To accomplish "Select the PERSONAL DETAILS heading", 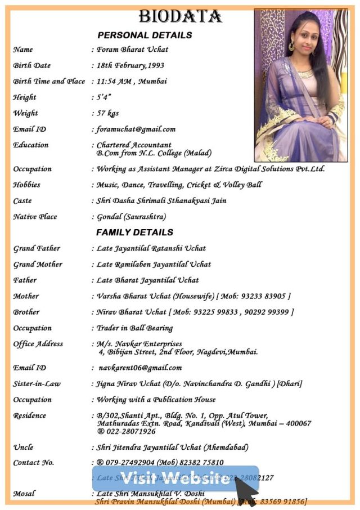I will tap(145, 35).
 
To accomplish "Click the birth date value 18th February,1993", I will tap(130, 65).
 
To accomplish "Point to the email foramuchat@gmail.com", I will tap(136, 129).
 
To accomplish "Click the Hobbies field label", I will tap(27, 185).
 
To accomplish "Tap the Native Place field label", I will tap(35, 216).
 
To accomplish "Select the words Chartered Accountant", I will tap(134, 145).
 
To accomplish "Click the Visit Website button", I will tap(175, 478).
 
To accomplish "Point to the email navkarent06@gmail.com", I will tap(140, 368).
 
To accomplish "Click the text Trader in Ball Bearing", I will tap(134, 328).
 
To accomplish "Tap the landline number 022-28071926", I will tap(130, 431).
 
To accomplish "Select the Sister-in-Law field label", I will tap(37, 383).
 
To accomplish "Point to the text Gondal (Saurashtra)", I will tap(131, 216).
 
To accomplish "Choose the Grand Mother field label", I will tap(38, 264).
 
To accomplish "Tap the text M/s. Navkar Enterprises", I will tap(139, 343).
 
